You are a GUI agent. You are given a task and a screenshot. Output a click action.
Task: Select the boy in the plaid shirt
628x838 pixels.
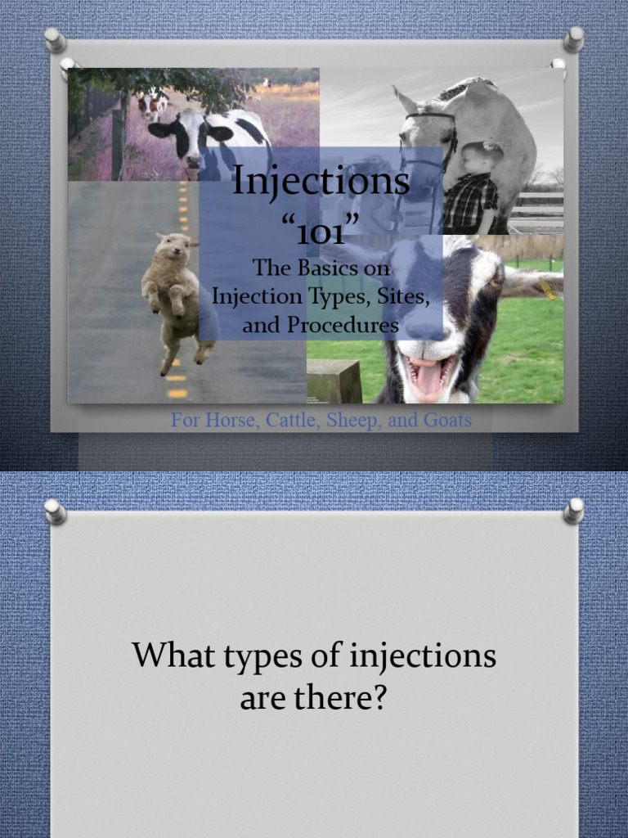(x=472, y=192)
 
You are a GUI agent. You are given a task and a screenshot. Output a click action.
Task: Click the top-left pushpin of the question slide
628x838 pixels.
(x=56, y=511)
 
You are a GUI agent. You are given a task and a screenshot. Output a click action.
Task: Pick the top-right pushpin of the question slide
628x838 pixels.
(x=574, y=511)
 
